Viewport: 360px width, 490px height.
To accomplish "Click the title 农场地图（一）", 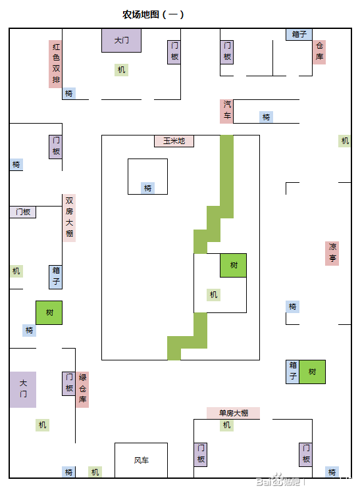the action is pos(153,14).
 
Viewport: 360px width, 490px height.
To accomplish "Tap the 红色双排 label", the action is pos(55,64).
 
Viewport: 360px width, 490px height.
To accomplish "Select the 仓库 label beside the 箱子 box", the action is pos(319,52).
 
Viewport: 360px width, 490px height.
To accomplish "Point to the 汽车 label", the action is pos(226,112).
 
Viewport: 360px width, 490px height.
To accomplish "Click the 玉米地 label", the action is pos(174,141).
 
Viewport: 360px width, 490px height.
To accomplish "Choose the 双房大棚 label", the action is pos(69,218).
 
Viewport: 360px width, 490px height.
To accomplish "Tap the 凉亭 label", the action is pos(332,253).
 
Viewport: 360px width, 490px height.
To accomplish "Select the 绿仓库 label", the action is pos(82,389).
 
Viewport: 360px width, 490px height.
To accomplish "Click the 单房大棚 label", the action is pos(234,413).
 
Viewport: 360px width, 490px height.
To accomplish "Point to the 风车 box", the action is pos(141,460).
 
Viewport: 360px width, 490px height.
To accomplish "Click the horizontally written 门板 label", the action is pos(23,212).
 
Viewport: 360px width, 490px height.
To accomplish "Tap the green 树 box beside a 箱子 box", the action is pos(312,372).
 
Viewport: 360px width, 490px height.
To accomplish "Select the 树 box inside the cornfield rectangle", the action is pos(234,265).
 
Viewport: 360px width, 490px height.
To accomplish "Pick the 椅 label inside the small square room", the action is pos(147,188).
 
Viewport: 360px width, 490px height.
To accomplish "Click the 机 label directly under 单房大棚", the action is pos(227,425).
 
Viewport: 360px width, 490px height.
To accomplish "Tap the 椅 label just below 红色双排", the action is pos(69,93).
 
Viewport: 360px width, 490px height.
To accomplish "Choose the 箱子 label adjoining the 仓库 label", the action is pos(299,34).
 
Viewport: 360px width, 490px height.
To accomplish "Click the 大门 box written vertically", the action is pos(23,389).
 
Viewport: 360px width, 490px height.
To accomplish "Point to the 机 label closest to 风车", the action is pos(95,472).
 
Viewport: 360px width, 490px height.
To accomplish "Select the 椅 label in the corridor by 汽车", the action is pos(266,117).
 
